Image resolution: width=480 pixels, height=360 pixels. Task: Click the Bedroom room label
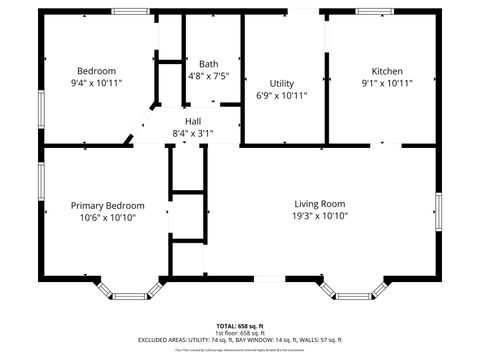pyautogui.click(x=97, y=71)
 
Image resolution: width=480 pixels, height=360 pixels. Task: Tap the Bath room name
pyautogui.click(x=208, y=63)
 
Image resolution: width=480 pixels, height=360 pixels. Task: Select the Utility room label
pyautogui.click(x=281, y=83)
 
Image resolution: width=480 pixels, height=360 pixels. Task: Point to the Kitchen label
pyautogui.click(x=387, y=71)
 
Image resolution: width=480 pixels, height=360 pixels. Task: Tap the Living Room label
pyautogui.click(x=320, y=203)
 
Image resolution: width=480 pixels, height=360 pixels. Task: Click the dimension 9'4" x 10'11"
pyautogui.click(x=97, y=83)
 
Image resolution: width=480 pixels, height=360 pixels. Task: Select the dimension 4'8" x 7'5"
pyautogui.click(x=208, y=75)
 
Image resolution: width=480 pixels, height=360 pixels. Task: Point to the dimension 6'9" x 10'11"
pyautogui.click(x=281, y=95)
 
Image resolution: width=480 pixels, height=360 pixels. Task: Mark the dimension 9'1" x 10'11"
pyautogui.click(x=387, y=83)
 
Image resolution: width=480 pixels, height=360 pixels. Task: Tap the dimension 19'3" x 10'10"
pyautogui.click(x=320, y=215)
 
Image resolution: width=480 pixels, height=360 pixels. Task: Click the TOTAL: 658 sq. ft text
pyautogui.click(x=240, y=326)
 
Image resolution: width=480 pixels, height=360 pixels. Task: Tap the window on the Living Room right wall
pyautogui.click(x=437, y=213)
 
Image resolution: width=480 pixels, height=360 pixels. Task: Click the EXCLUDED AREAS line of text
pyautogui.click(x=240, y=339)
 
